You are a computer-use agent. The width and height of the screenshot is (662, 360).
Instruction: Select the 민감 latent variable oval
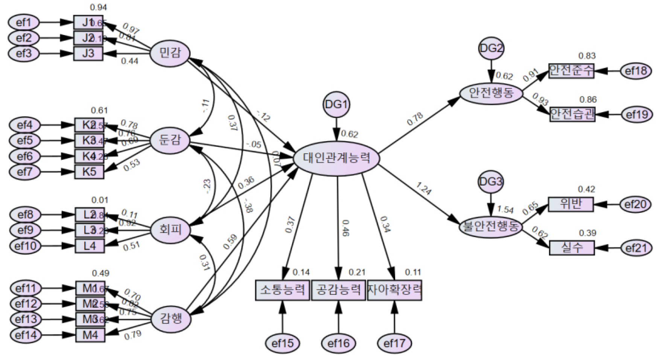[x=170, y=53]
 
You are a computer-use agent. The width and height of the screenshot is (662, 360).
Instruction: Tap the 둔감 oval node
[x=170, y=140]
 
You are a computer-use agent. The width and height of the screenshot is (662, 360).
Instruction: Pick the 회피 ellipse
[x=170, y=230]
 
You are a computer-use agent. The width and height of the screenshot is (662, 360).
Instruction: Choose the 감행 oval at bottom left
[x=171, y=319]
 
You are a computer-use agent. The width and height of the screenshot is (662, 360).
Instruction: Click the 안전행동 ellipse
[x=491, y=93]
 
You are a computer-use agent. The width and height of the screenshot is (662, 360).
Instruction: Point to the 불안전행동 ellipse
[x=491, y=227]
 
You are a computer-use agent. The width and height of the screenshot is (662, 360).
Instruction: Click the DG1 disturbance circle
[x=336, y=105]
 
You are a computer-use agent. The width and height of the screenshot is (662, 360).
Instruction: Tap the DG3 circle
[x=491, y=182]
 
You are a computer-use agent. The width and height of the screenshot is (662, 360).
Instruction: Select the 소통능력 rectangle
[x=282, y=290]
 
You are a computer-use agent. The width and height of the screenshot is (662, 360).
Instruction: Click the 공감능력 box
[x=338, y=290]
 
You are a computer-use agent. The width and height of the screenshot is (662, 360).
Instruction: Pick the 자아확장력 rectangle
[x=394, y=290]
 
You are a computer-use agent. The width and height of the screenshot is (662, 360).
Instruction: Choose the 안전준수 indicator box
[x=571, y=70]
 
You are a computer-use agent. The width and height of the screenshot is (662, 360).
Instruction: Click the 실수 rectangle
[x=572, y=248]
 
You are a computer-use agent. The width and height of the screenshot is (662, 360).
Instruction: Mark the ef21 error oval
[x=636, y=248]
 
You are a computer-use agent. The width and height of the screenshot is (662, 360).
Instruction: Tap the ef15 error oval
[x=282, y=343]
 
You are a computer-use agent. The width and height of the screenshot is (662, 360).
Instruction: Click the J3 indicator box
[x=88, y=53]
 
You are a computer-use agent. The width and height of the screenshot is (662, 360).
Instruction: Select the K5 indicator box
[x=89, y=172]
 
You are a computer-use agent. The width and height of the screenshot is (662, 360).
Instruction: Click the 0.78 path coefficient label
[x=415, y=119]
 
